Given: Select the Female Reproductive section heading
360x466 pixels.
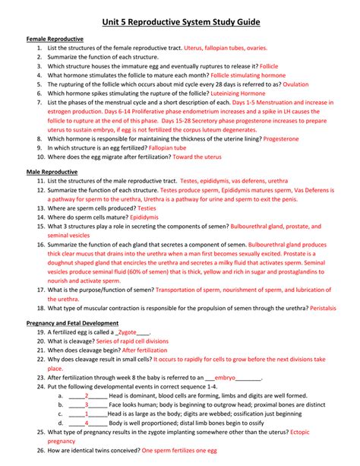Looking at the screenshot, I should tap(55, 37).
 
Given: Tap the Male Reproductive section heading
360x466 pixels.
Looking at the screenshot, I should tap(52, 173).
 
